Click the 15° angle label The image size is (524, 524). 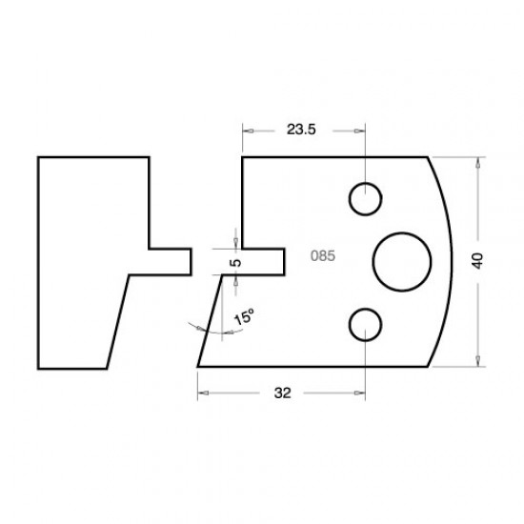click(x=244, y=318)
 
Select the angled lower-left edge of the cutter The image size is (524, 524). click(x=210, y=320)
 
